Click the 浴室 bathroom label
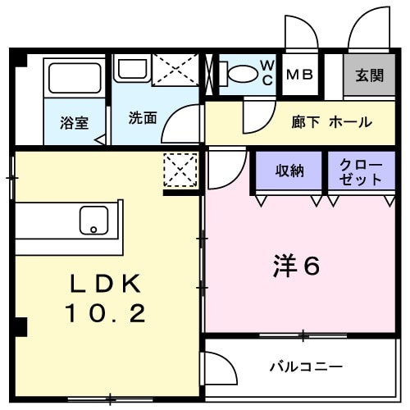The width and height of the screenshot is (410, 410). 74,123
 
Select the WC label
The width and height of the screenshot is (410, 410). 267,73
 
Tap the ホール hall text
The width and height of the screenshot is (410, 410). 350,122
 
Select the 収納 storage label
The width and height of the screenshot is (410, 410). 289,171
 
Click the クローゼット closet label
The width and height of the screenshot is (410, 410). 360,171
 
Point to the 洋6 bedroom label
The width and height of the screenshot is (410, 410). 295,266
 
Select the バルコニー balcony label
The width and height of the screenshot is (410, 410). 306,367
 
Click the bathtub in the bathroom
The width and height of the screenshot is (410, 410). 74,78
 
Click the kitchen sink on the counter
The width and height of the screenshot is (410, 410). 93,220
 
